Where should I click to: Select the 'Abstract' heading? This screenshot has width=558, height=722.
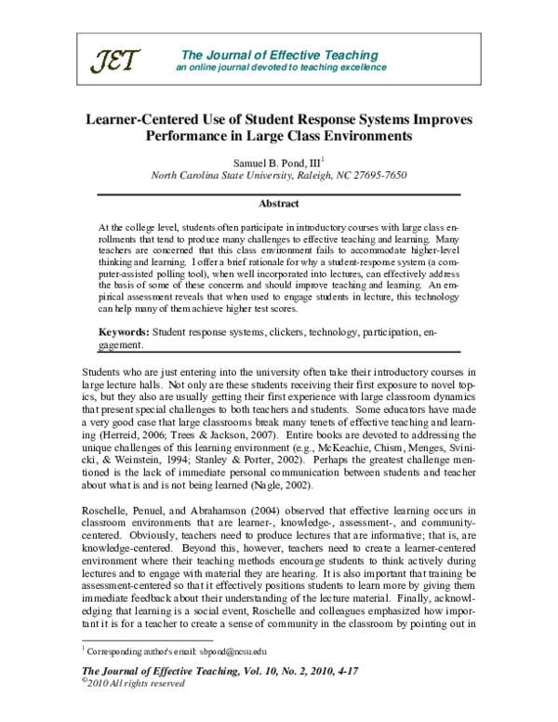pos(279,204)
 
